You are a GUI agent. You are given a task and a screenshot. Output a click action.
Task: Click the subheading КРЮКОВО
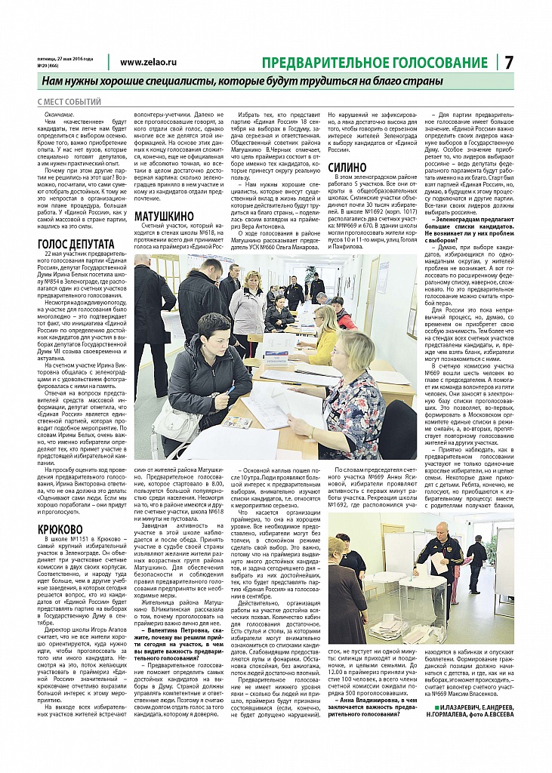60,529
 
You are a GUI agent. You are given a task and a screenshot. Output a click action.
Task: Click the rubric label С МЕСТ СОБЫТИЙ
69,101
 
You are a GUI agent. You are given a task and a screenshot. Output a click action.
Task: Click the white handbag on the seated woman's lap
178,421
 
